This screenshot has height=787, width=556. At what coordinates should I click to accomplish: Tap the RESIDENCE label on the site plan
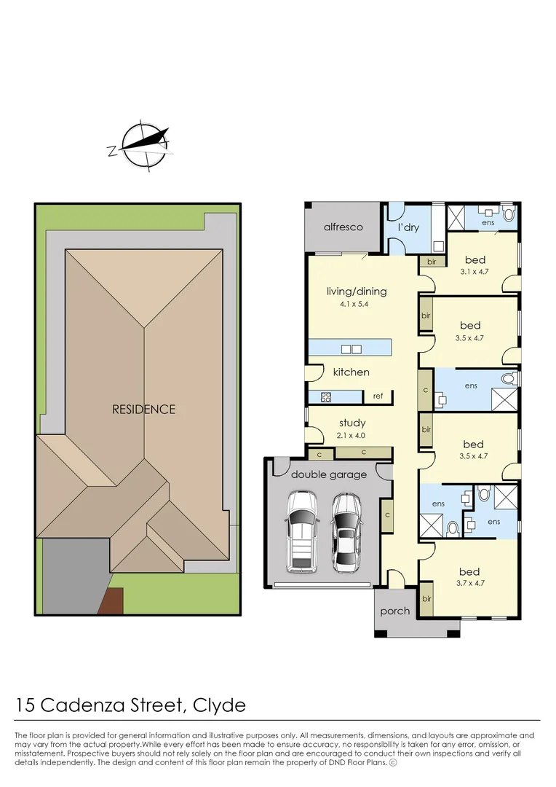click(143, 410)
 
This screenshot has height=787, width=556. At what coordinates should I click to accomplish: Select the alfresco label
click(343, 227)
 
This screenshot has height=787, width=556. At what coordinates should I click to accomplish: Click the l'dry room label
click(408, 227)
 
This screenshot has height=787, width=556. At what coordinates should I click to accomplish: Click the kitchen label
click(351, 372)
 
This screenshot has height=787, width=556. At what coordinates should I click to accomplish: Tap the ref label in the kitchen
click(378, 396)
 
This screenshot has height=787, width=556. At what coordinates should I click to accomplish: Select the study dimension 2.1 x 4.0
click(352, 435)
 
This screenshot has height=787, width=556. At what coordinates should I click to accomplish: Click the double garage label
click(329, 475)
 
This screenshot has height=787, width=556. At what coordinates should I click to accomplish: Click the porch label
click(395, 611)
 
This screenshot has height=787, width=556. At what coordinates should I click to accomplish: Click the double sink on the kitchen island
click(352, 348)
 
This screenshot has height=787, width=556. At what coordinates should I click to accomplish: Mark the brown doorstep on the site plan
click(113, 602)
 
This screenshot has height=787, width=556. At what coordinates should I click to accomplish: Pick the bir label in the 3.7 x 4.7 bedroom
click(426, 598)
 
